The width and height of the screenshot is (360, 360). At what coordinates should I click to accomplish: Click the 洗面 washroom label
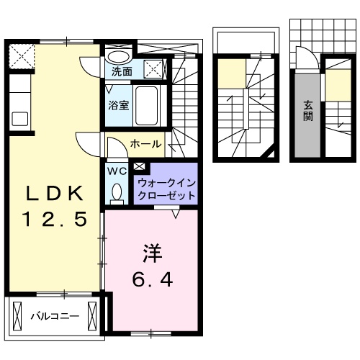[122, 71]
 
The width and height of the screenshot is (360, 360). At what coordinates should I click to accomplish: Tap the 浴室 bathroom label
[119, 105]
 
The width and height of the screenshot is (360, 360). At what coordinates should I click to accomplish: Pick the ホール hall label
[145, 144]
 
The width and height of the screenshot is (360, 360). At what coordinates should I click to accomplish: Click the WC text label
[117, 171]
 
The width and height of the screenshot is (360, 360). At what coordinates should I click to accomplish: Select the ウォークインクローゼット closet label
[166, 189]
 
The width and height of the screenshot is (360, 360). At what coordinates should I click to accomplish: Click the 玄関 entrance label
[307, 110]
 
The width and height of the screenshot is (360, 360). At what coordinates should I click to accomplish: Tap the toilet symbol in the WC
[117, 192]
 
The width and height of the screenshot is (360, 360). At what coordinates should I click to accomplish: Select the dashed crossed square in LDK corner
[21, 54]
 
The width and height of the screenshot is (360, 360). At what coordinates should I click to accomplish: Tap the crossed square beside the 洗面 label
[153, 69]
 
